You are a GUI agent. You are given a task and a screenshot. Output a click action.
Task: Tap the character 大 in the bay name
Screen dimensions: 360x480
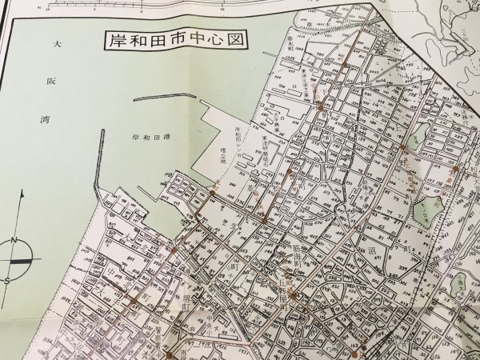[x=55, y=46]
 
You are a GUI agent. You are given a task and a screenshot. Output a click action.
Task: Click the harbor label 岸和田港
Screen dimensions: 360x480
[x=150, y=137]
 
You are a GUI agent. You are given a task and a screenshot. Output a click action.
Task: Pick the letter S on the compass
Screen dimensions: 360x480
[x=7, y=281]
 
